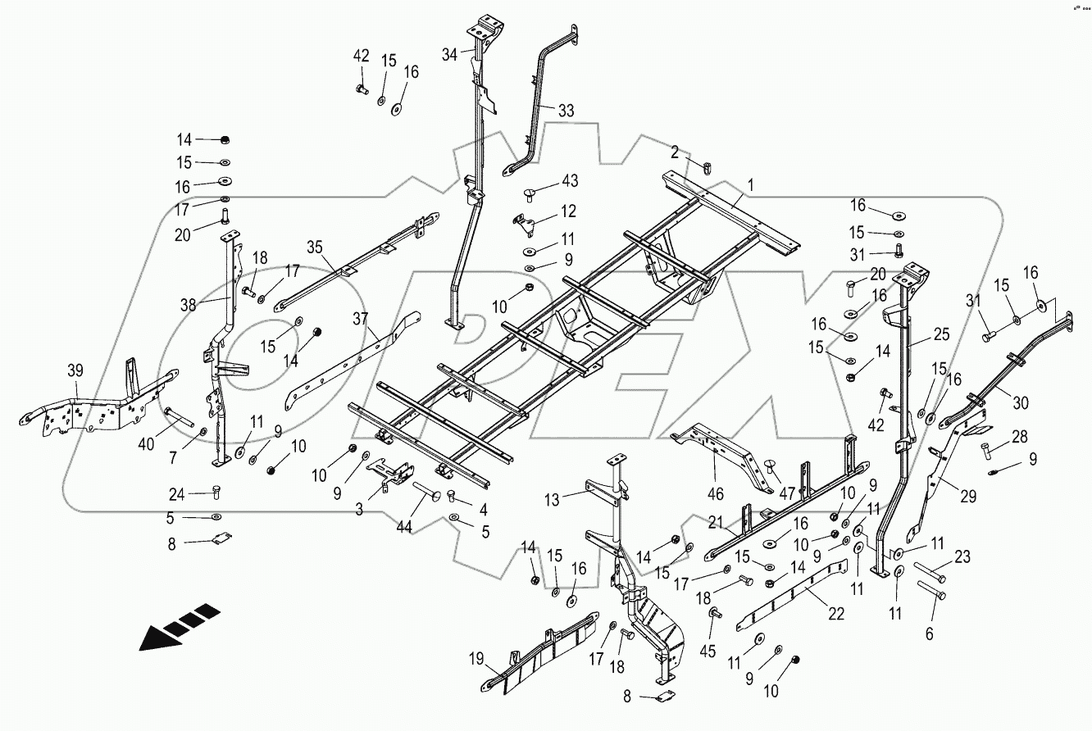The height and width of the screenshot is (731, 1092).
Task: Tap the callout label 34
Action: [449, 55]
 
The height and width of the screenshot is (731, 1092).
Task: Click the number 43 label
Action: [569, 180]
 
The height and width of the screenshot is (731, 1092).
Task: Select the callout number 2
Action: [674, 152]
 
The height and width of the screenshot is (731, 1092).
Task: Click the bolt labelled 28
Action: [988, 449]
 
